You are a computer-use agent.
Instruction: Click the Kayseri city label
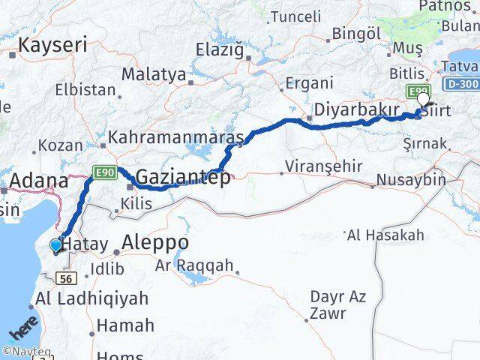(52, 44)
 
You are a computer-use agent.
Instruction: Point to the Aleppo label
(154, 243)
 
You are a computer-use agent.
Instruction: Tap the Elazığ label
(220, 51)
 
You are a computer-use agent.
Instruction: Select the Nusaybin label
(411, 180)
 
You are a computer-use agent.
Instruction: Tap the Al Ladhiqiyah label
(91, 299)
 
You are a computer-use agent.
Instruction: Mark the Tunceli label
(295, 16)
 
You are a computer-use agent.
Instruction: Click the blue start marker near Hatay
(55, 245)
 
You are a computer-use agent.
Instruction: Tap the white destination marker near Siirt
(424, 99)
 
